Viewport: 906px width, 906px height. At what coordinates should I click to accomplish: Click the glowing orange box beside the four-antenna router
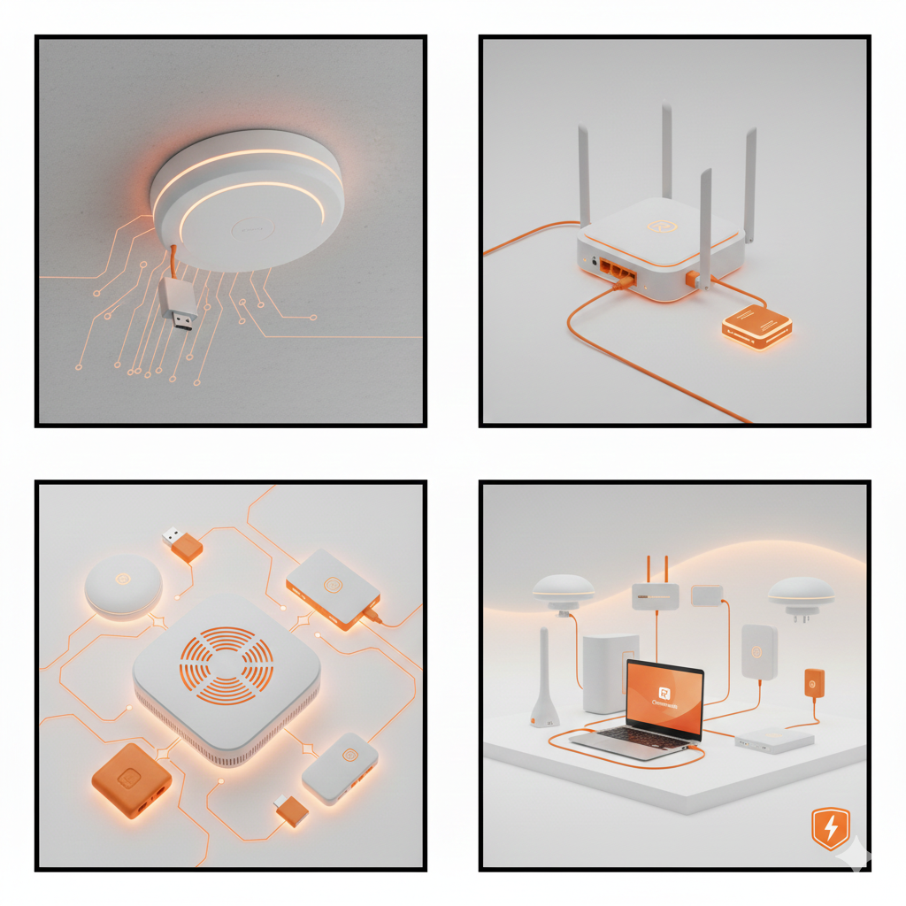(x=756, y=326)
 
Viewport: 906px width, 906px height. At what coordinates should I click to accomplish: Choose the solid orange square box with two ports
(x=131, y=779)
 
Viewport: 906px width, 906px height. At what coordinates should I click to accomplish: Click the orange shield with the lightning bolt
(x=830, y=829)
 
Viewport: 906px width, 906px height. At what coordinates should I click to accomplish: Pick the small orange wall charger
(x=814, y=683)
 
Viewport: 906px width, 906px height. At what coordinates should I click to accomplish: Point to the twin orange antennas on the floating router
(x=656, y=567)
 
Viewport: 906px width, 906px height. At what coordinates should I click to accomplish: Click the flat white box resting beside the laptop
(x=773, y=740)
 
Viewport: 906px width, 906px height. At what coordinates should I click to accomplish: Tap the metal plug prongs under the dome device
(x=801, y=617)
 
